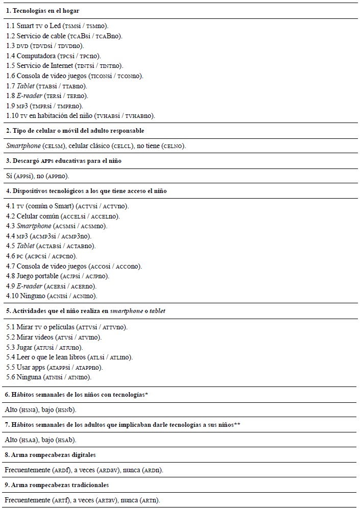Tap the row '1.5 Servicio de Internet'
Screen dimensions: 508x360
65,66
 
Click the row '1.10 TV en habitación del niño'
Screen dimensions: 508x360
81,116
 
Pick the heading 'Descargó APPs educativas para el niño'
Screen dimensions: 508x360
64,161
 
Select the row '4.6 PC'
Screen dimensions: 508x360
41,256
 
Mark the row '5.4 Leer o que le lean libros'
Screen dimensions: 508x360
69,357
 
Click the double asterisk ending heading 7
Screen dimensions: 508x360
237,424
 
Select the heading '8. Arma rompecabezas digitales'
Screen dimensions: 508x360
50,454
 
